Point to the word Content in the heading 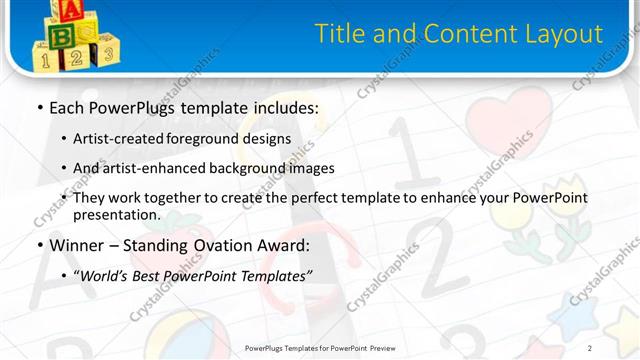click(466, 34)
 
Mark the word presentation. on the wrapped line click(117, 215)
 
